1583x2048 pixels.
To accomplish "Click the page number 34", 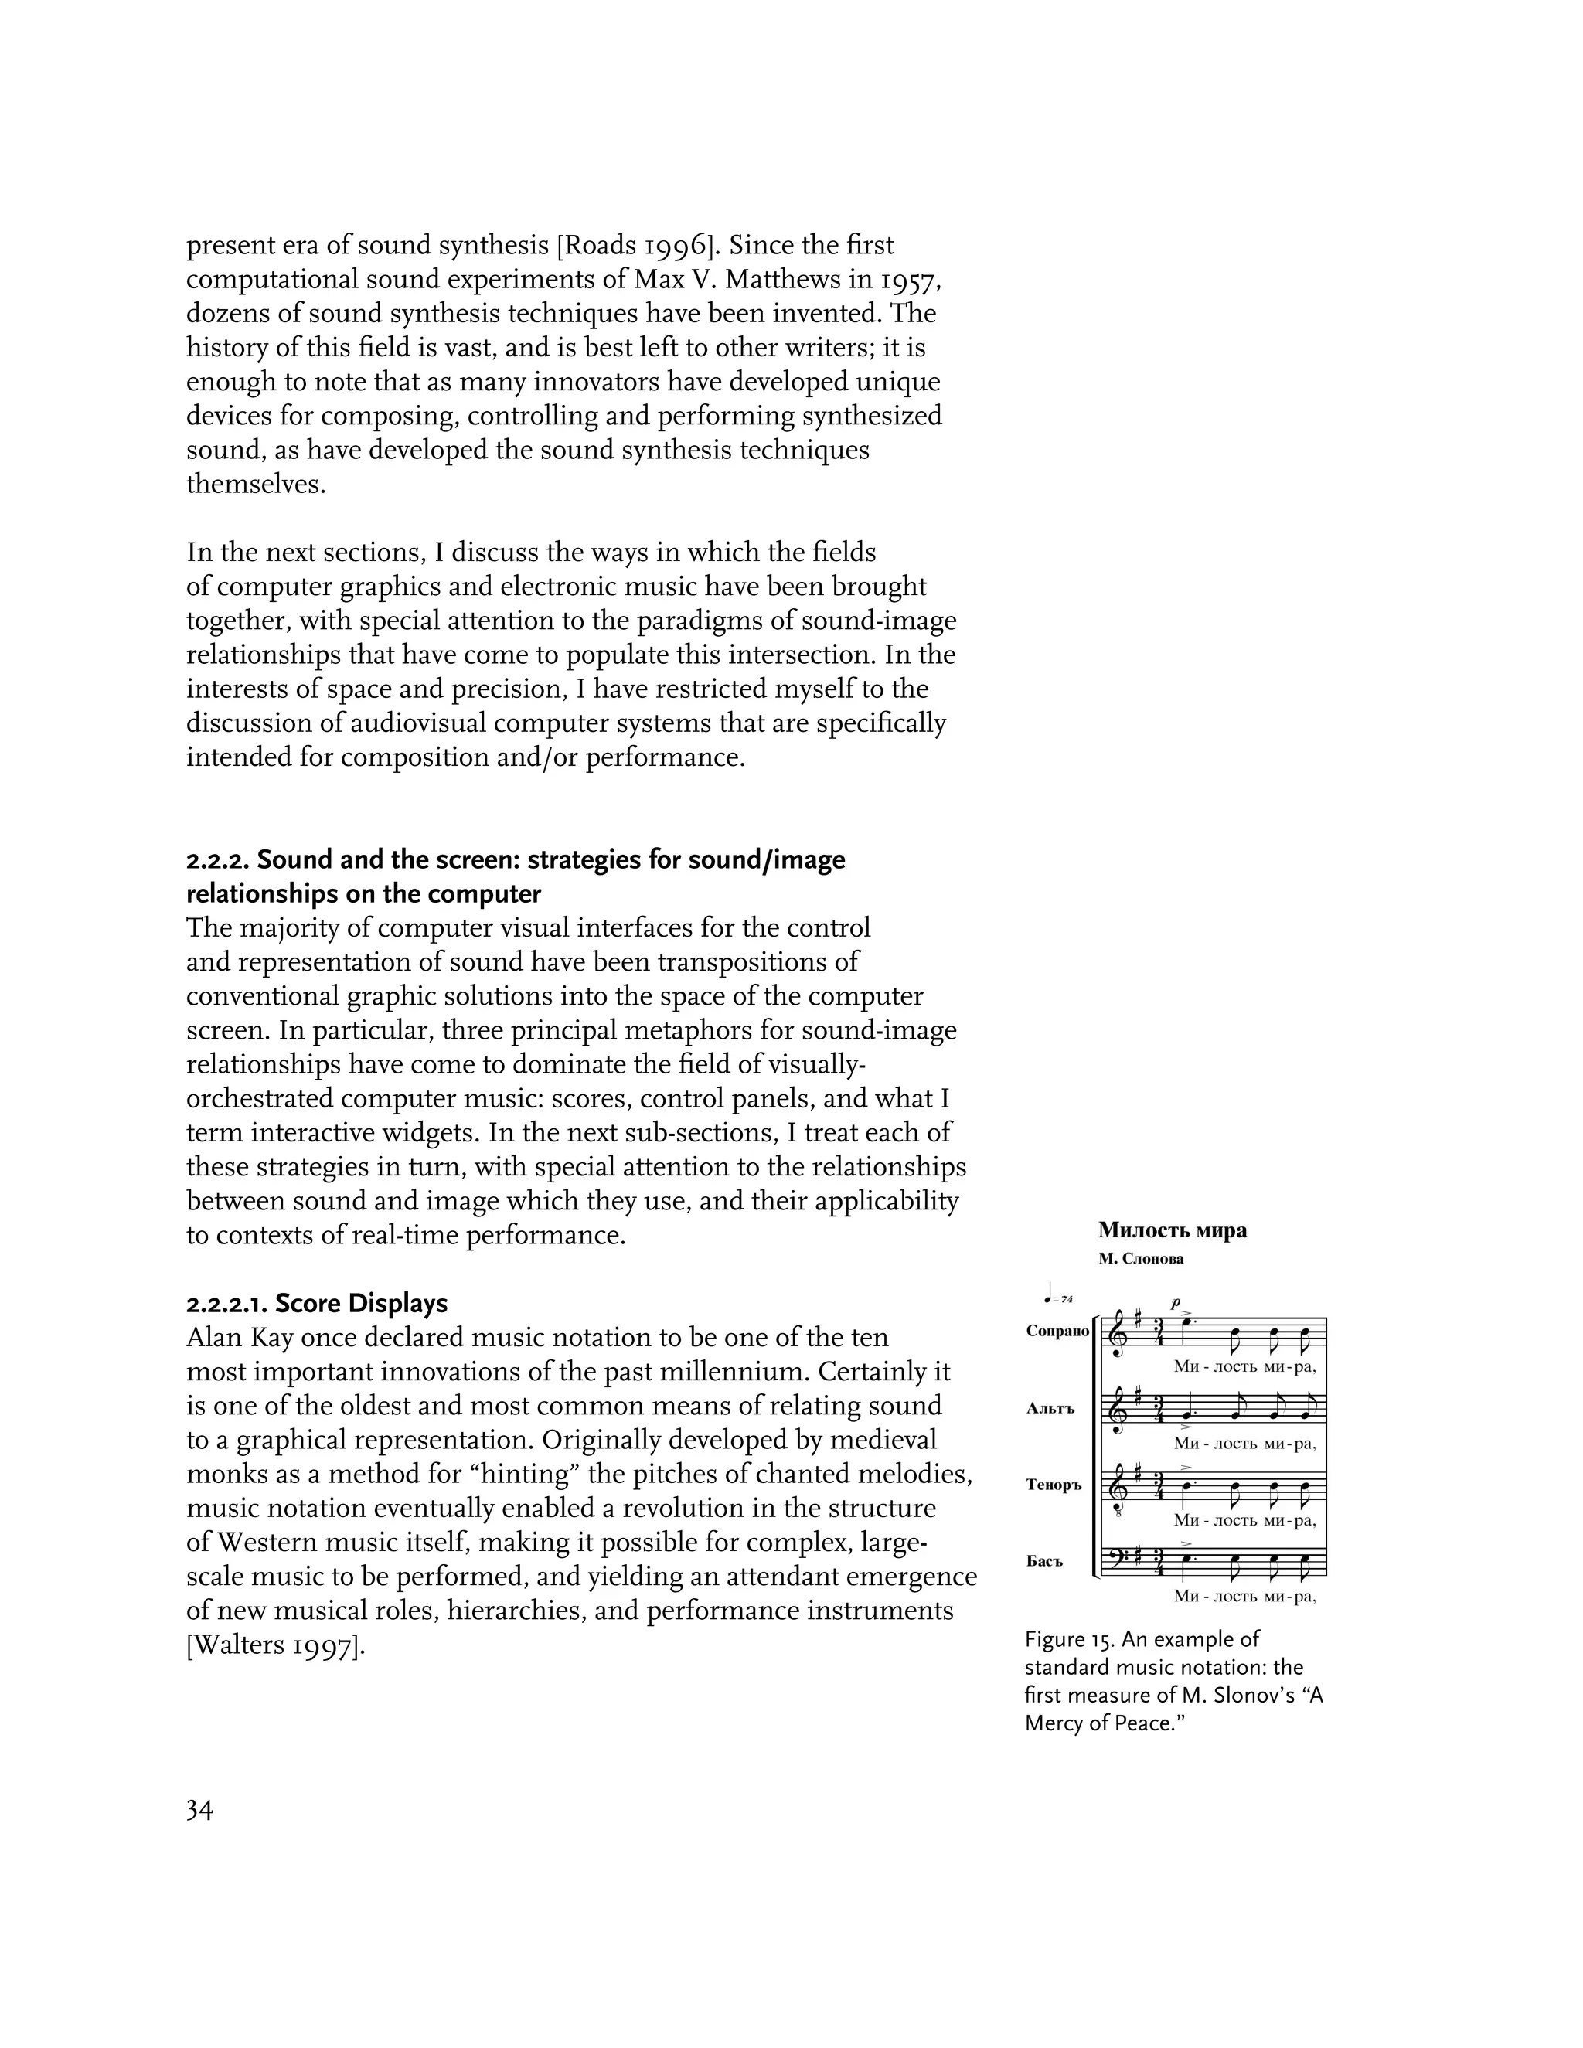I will click(199, 1810).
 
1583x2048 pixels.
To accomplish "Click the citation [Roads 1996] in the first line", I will click(638, 246).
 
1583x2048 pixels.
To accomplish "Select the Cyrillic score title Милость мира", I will click(1173, 1230).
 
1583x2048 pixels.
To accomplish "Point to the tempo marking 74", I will click(1066, 1299).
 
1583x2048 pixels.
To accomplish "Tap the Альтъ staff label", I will click(1050, 1408).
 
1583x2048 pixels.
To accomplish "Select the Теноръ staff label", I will click(1054, 1485).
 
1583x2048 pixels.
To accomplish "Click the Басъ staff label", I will click(1045, 1561).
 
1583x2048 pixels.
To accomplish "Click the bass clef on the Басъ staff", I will click(1117, 1561).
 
